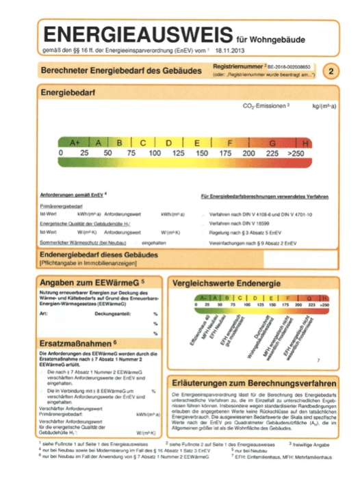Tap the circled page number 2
(331, 70)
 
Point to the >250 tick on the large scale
(296, 153)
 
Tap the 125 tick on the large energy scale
(180, 153)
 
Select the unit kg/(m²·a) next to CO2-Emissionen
(326, 107)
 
